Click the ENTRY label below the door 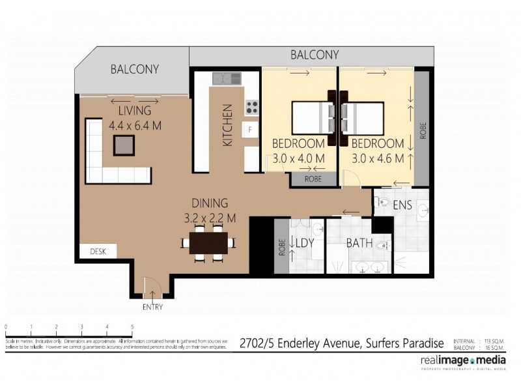(152, 307)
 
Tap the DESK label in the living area (98, 250)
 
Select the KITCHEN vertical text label (227, 125)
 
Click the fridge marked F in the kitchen (250, 130)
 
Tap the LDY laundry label (305, 243)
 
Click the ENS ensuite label (402, 205)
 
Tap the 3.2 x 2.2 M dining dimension (209, 217)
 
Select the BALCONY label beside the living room (134, 69)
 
